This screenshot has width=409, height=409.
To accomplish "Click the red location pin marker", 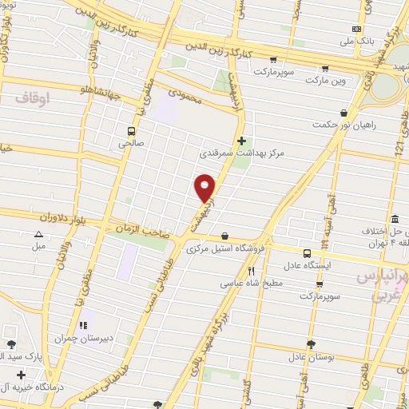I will (x=204, y=187).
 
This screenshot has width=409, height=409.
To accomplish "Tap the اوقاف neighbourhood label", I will (x=32, y=97).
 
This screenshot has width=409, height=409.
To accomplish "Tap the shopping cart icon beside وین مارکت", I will (x=343, y=79).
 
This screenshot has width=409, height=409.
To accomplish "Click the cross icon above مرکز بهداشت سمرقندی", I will (x=241, y=140).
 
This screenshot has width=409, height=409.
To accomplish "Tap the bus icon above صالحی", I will (x=130, y=131).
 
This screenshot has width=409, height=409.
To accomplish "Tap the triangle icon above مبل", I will (x=38, y=234).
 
